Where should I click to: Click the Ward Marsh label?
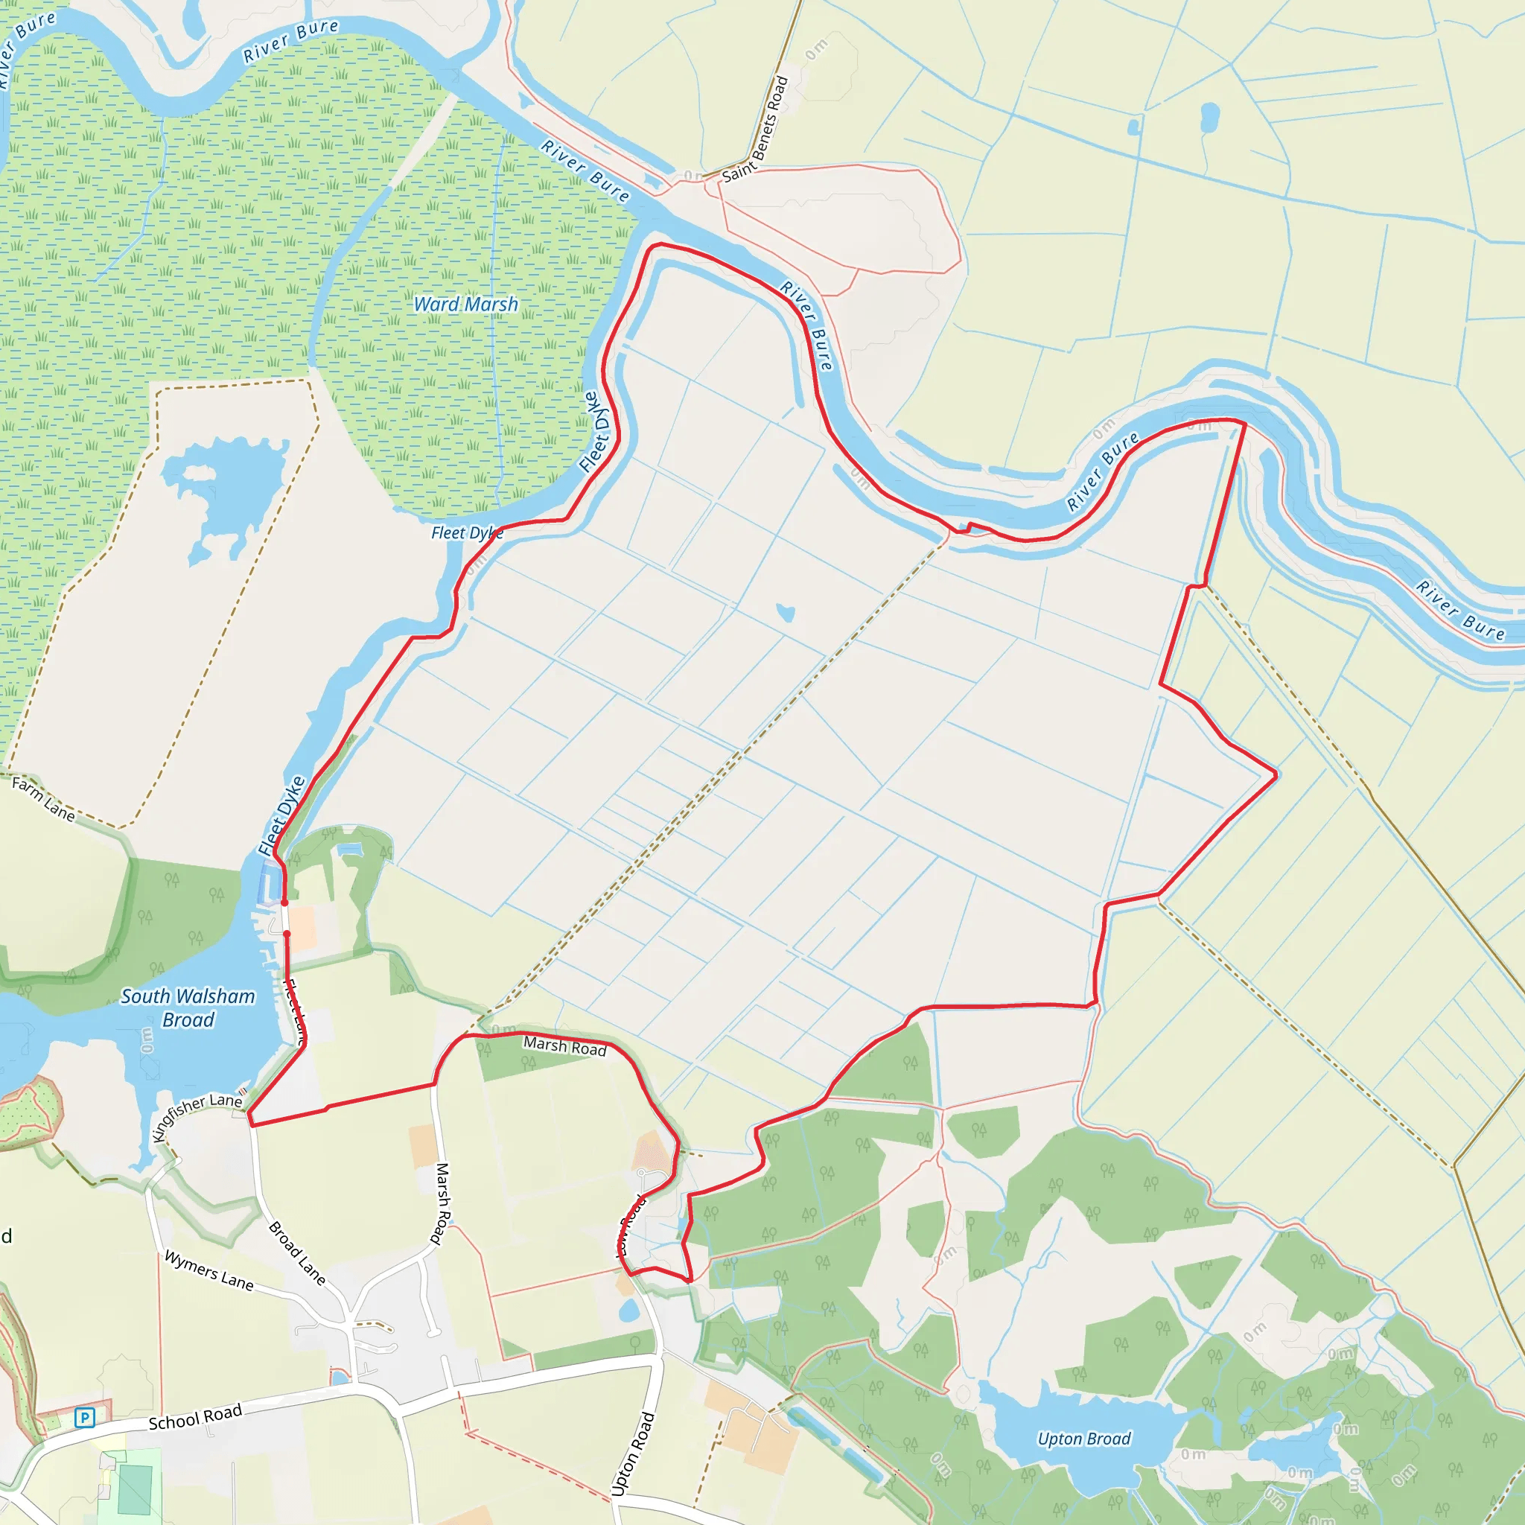click(x=465, y=305)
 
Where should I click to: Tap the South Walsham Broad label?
click(x=188, y=1008)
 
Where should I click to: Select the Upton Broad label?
click(x=1083, y=1438)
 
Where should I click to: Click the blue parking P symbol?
click(x=84, y=1418)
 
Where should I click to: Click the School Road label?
click(x=195, y=1417)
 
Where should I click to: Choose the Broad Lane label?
click(x=297, y=1252)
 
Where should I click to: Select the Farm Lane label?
click(x=43, y=799)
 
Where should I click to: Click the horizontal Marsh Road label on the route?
click(x=564, y=1047)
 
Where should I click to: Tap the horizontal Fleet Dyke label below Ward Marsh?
click(x=466, y=533)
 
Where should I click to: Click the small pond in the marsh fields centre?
click(x=785, y=613)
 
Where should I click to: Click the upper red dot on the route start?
click(x=284, y=902)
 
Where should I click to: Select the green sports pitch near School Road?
click(x=135, y=1489)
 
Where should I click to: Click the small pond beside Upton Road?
click(x=629, y=1311)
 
